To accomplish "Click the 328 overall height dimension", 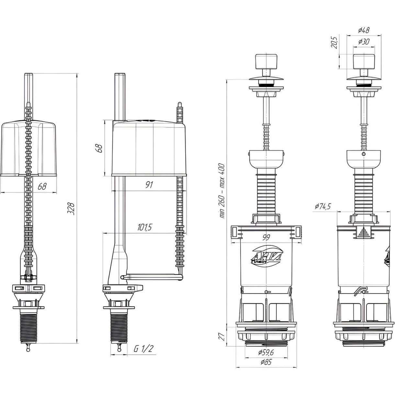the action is coord(70,209).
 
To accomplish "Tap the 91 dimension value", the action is coord(149,185).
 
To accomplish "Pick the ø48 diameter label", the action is coord(364,30).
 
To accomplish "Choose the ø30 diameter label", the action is coord(364,42).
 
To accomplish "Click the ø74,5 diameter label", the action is coord(323,207).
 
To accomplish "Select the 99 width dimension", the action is coord(266,237).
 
